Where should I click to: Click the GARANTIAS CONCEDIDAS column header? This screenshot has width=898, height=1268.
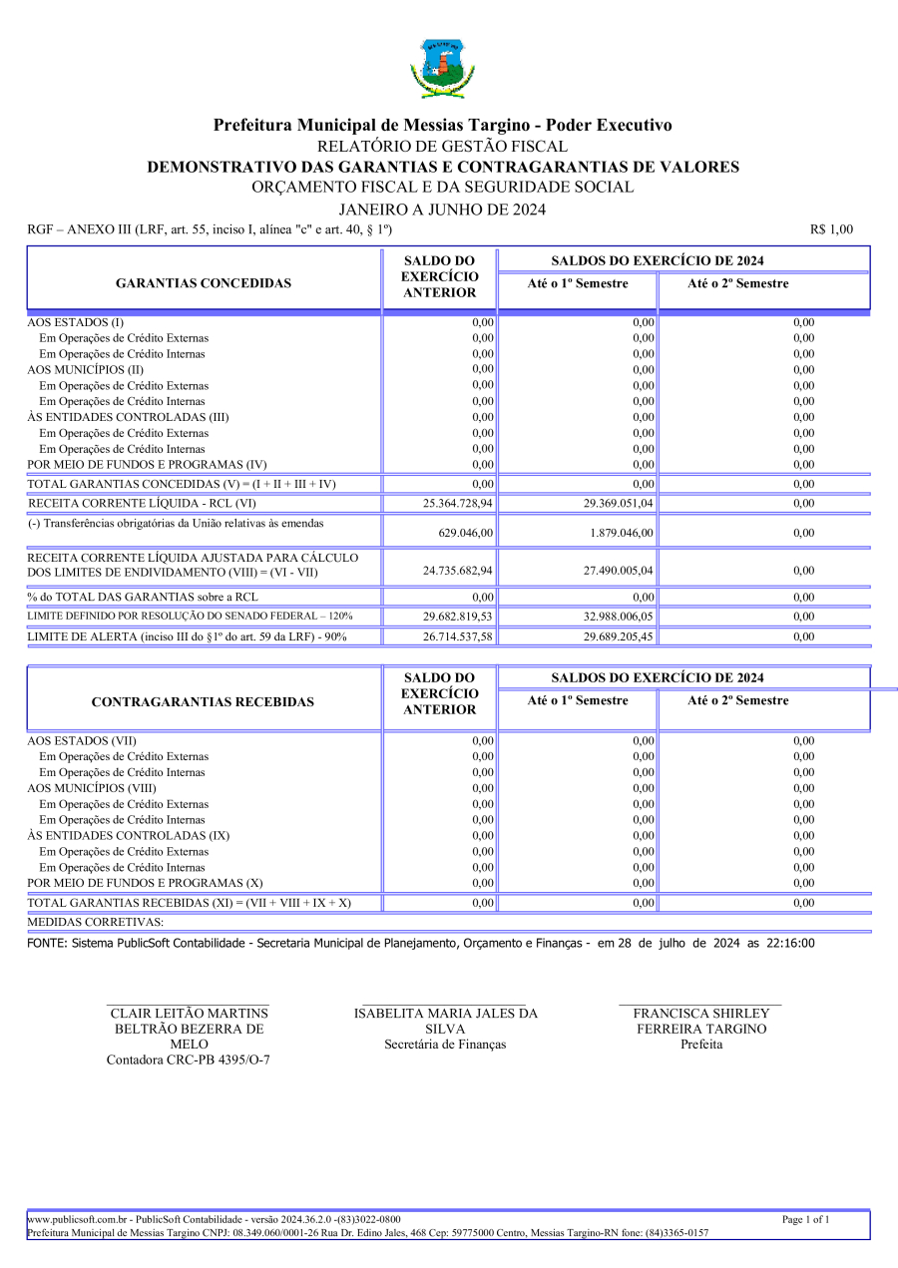(204, 283)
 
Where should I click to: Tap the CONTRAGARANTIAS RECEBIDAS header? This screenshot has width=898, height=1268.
(203, 702)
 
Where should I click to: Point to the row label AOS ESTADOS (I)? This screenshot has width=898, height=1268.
(76, 322)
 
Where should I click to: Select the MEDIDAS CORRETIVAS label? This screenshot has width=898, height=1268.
(96, 922)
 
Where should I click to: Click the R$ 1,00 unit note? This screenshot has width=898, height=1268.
(832, 229)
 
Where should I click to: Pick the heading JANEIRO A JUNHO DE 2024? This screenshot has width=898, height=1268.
(442, 210)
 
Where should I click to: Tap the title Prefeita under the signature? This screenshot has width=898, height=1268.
(701, 1045)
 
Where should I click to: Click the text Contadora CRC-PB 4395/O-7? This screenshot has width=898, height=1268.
(188, 1059)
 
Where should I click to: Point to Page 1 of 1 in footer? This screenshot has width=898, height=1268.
(805, 1219)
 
